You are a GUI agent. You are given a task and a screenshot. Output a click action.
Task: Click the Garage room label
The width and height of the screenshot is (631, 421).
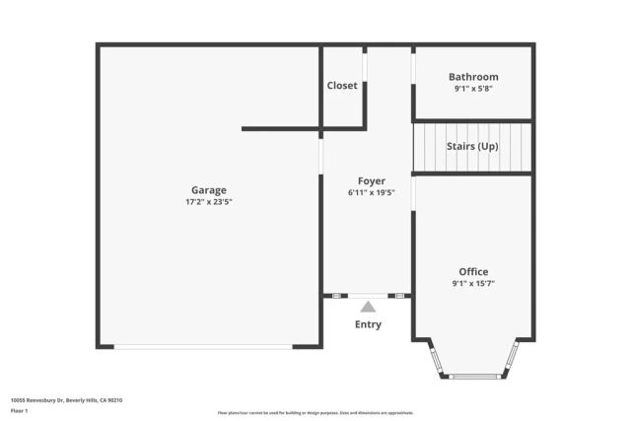click(208, 190)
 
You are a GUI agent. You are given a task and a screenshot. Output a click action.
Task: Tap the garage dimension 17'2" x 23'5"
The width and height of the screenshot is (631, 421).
click(208, 202)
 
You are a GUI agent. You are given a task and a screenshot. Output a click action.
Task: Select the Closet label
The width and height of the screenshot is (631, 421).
click(342, 86)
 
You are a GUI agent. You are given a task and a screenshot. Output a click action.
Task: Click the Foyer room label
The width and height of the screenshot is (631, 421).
click(371, 181)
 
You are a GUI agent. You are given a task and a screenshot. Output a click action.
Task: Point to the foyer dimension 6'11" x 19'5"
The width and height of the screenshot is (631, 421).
click(371, 193)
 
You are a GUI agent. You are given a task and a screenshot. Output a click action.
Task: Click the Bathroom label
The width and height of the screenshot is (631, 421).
click(473, 77)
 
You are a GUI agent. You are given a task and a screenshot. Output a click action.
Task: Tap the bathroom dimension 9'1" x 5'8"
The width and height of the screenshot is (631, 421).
click(473, 89)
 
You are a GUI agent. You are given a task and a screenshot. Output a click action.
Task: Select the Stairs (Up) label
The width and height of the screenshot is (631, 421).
click(472, 147)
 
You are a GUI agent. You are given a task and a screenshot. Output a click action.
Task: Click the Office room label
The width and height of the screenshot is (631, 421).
click(473, 272)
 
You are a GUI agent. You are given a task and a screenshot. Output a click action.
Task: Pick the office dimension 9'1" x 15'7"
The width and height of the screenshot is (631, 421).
click(473, 284)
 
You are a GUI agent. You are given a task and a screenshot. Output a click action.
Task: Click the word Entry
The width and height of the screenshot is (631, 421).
click(368, 324)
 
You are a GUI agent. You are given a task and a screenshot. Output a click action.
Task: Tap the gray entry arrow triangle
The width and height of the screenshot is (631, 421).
click(368, 308)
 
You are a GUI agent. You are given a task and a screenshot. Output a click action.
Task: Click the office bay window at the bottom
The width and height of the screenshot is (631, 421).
click(474, 376)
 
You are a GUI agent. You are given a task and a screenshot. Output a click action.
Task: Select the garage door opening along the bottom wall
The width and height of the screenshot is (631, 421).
click(203, 346)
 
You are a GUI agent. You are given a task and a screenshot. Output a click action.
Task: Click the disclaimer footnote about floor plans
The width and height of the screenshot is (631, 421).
click(315, 413)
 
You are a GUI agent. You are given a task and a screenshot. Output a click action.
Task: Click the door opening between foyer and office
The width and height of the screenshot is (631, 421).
click(413, 192)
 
